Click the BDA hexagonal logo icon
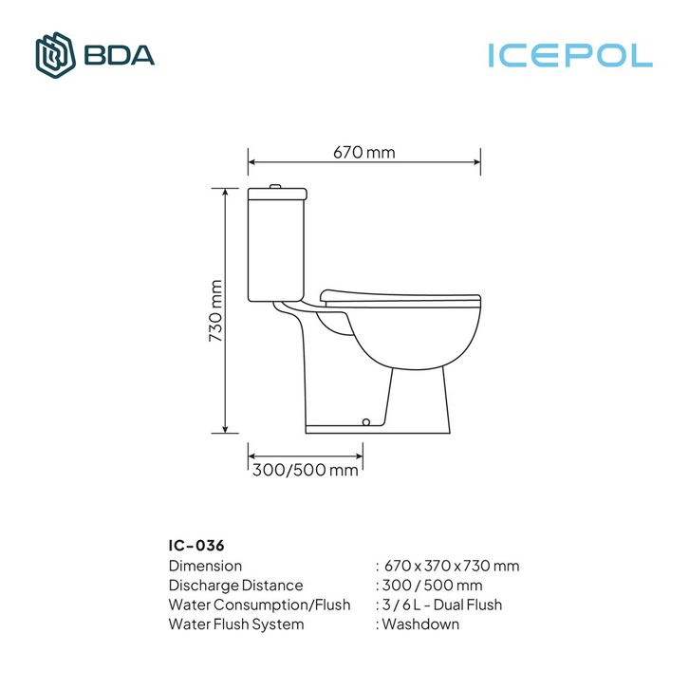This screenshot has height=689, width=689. coord(55,55)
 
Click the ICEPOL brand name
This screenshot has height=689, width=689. coord(570,55)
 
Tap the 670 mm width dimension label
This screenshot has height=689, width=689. coord(364,153)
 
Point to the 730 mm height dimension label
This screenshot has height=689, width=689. coord(215,311)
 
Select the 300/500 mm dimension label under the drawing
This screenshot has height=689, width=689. coord(306,470)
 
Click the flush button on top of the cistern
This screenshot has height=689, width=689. coord(275,186)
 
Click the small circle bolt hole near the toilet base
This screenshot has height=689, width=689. coord(366,422)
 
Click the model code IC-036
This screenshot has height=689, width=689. coord(196,546)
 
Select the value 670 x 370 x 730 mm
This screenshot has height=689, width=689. coord(452,566)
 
